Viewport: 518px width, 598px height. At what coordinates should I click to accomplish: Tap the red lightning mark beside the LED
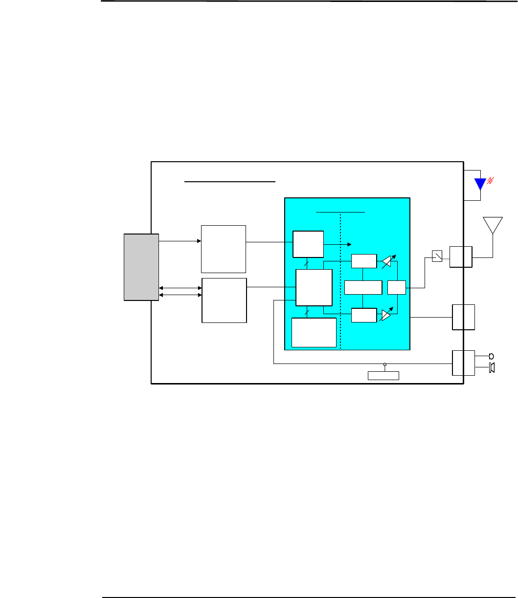point(491,181)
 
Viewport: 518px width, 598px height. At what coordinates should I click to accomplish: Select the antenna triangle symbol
point(493,225)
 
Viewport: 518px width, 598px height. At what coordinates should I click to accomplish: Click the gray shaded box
point(141,267)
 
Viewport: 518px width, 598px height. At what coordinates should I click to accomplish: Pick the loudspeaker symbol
point(492,368)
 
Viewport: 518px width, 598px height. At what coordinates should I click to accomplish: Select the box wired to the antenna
point(461,257)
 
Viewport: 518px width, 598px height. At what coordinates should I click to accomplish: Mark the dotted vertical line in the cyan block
point(340,293)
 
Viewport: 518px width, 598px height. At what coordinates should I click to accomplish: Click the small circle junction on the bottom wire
point(385,364)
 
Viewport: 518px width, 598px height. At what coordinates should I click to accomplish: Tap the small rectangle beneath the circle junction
point(383,375)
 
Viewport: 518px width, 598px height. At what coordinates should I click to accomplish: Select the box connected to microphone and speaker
point(463,363)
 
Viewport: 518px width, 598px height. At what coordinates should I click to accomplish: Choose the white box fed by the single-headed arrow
point(224,249)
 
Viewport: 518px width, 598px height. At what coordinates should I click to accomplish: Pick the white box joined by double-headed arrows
point(225,300)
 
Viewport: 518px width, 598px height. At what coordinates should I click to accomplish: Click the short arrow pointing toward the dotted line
point(338,244)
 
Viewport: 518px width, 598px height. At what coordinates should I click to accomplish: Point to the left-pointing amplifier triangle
point(386,262)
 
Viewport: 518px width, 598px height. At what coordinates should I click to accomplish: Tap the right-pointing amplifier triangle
point(386,316)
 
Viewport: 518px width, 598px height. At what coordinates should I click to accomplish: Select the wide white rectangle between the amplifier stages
point(363,288)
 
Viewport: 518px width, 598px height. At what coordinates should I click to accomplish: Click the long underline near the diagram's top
point(230,181)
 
